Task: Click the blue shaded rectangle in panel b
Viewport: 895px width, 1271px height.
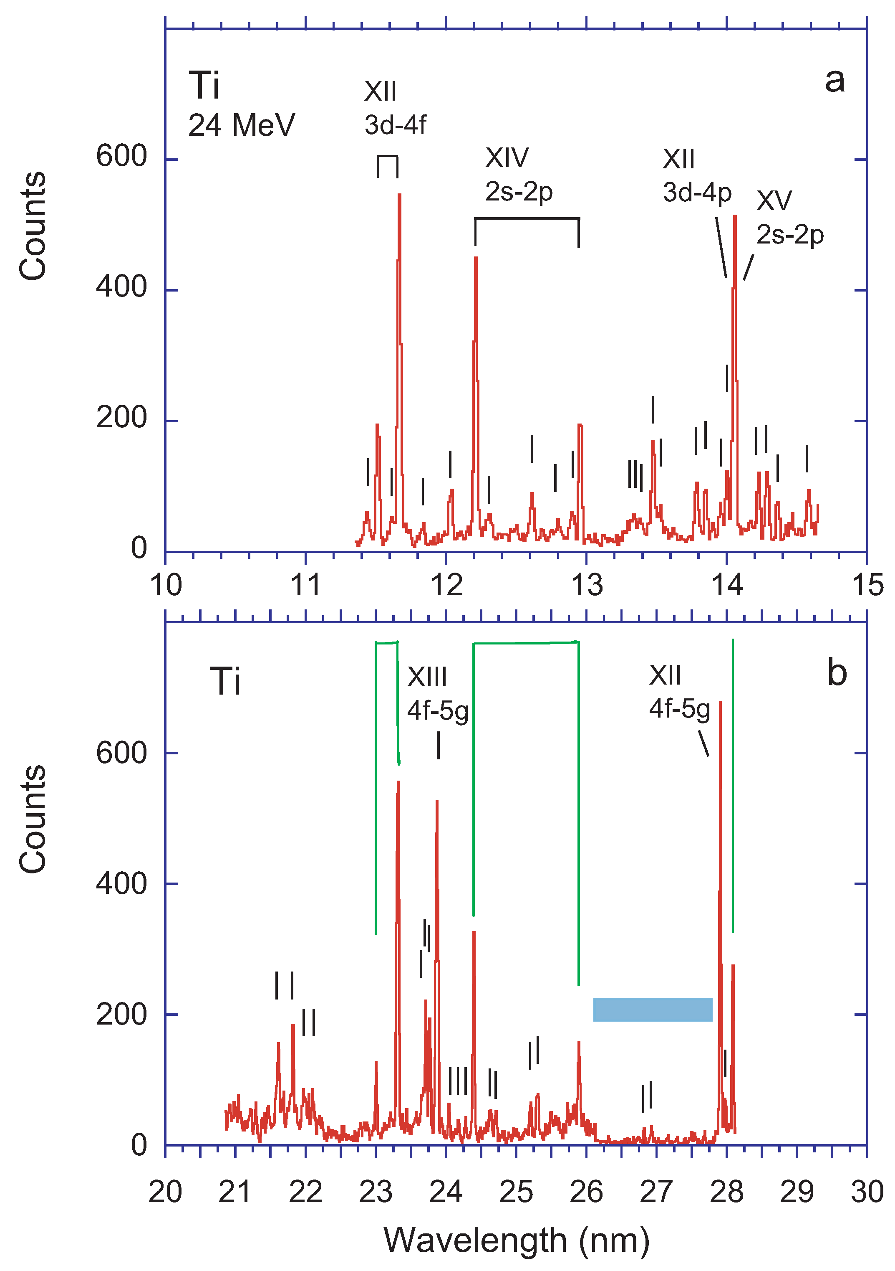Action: (x=652, y=1009)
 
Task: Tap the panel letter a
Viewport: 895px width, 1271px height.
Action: (x=834, y=80)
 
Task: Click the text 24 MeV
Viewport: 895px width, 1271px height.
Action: (x=241, y=125)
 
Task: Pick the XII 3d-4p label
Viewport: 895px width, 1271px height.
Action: (x=696, y=176)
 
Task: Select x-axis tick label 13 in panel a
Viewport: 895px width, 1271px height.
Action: (x=586, y=585)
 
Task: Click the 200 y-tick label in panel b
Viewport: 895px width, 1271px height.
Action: (x=121, y=1014)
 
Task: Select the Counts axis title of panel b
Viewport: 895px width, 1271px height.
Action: (x=33, y=819)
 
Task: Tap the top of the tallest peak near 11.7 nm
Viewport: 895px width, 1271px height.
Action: (x=399, y=195)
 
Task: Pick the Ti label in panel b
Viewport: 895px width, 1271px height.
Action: (x=225, y=681)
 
